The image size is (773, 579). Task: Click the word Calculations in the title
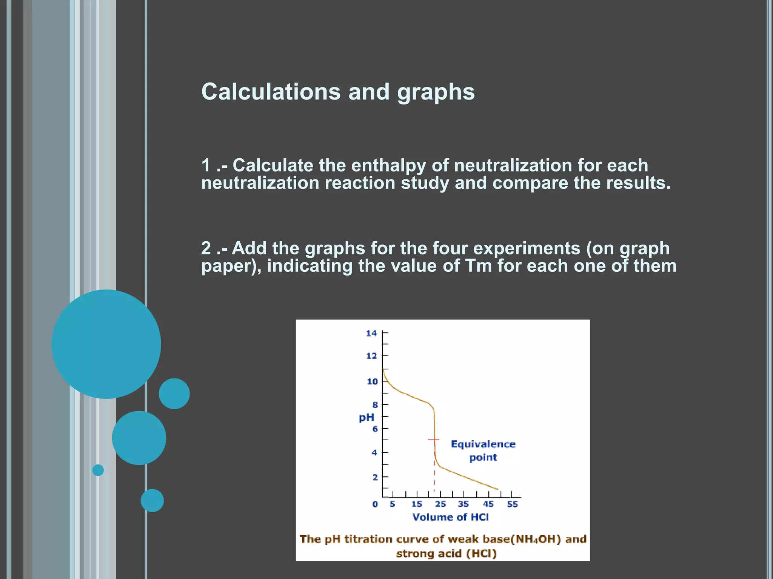tap(271, 92)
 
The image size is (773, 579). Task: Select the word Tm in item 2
tap(478, 266)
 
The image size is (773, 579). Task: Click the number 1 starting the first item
tap(206, 165)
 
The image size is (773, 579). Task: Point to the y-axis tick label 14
tap(371, 333)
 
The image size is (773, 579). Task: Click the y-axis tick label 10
tap(372, 382)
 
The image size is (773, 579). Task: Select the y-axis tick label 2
tap(375, 477)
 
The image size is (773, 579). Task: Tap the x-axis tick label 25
tap(440, 504)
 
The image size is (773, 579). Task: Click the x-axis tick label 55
tap(512, 504)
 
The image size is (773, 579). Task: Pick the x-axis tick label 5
tap(393, 504)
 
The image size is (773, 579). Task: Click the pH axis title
tap(366, 418)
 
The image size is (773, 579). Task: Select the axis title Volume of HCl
tap(450, 517)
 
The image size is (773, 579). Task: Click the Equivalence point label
tap(483, 451)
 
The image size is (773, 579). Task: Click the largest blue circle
tap(106, 344)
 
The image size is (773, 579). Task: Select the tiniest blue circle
tap(98, 470)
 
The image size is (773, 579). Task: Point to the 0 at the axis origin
tap(375, 504)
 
